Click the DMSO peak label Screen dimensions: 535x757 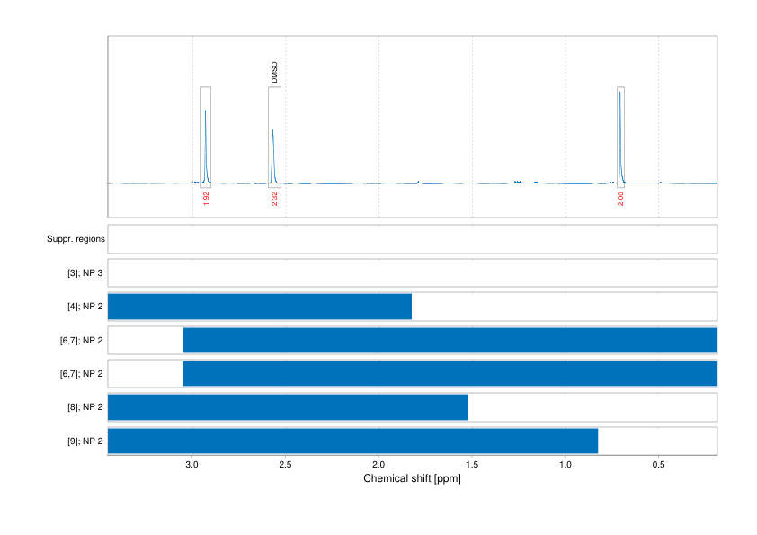(x=274, y=73)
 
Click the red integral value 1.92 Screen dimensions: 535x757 (x=206, y=198)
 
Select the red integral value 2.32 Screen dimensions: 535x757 (x=274, y=198)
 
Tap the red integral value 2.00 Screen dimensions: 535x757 (x=620, y=198)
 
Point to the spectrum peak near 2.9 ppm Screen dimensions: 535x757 (x=205, y=112)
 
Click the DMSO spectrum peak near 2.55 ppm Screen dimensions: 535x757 (x=273, y=132)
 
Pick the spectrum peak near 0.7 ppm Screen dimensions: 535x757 (x=619, y=94)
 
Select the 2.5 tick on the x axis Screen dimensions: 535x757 (x=285, y=465)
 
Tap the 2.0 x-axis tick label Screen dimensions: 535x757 (x=378, y=465)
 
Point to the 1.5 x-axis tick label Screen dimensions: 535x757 (x=472, y=465)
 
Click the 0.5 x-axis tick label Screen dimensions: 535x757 (x=658, y=465)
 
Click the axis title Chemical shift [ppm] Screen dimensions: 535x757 (x=412, y=478)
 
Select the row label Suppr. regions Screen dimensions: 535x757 (x=76, y=239)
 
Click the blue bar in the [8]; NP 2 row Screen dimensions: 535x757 (x=288, y=407)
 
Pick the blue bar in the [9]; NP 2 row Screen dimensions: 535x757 (x=352, y=441)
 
